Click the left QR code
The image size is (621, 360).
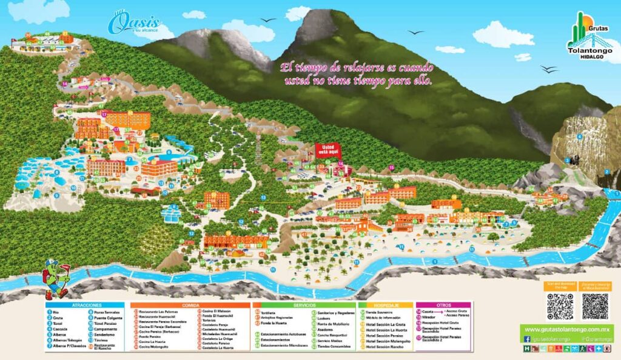pyautogui.click(x=560, y=307)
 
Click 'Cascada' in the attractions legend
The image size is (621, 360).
pyautogui.click(x=60, y=329)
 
